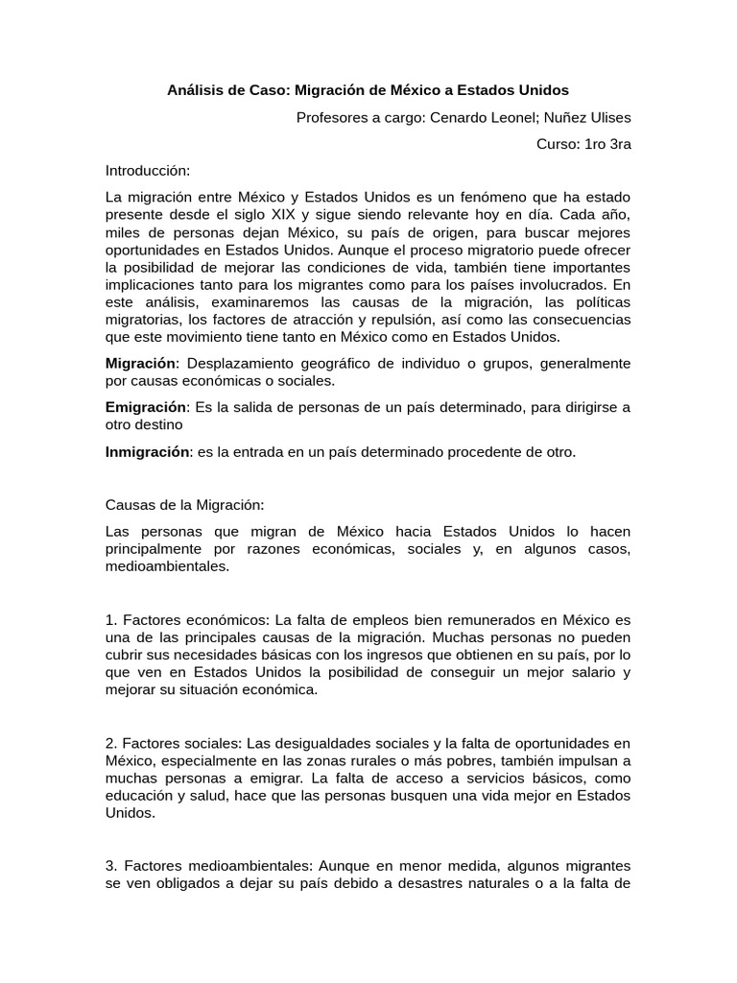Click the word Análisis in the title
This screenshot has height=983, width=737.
196,90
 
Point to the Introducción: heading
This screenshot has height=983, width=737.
148,171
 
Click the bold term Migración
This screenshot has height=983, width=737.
141,363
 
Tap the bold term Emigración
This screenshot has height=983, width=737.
145,407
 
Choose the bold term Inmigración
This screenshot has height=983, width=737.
148,451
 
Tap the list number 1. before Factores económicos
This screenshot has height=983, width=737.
111,619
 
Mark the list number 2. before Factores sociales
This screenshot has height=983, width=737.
111,743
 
